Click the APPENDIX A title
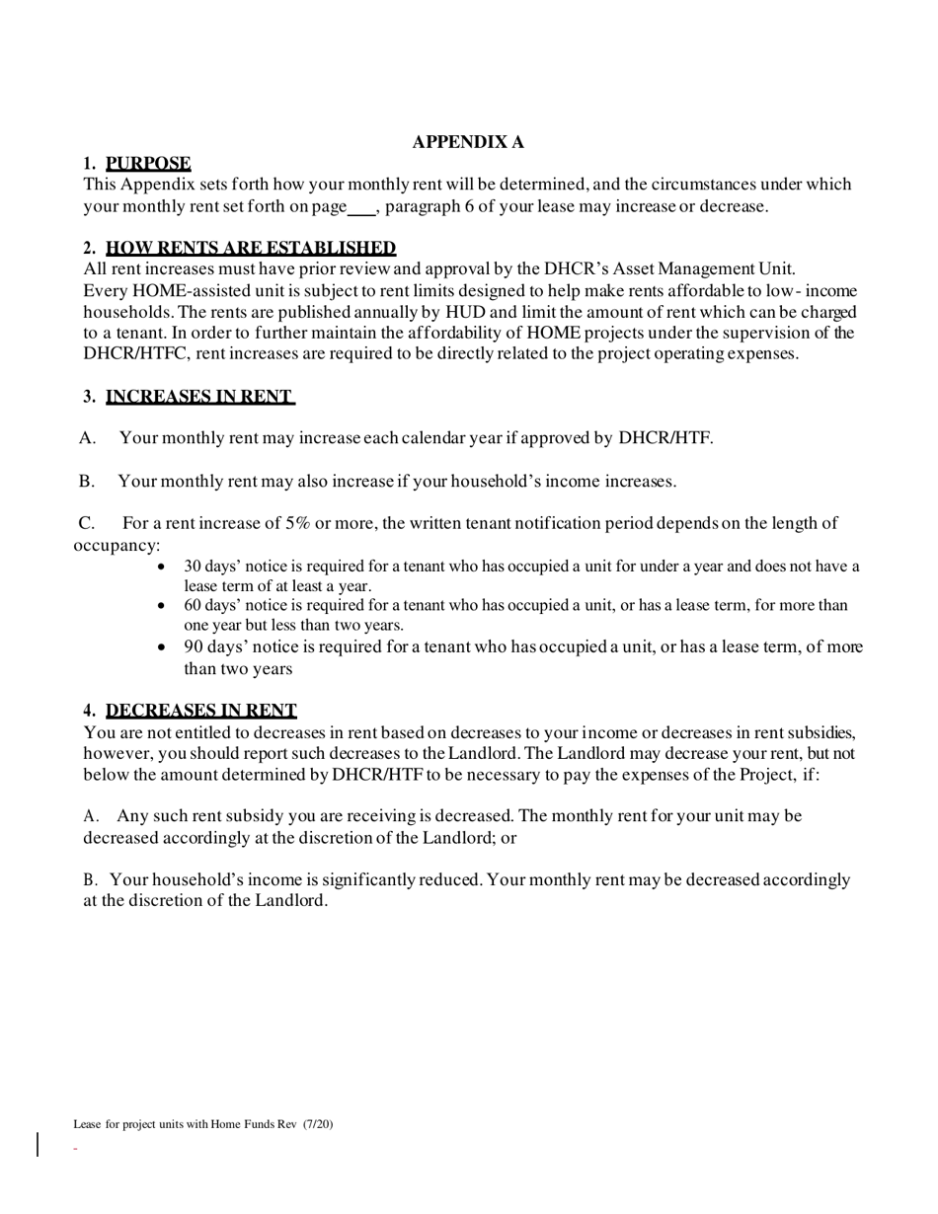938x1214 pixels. [x=468, y=142]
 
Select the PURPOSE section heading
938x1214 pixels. [x=148, y=164]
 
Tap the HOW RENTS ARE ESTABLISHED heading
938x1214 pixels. [x=251, y=249]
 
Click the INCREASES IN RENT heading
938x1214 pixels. [x=199, y=397]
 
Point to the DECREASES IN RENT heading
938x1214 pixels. [x=200, y=711]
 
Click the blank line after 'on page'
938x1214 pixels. [x=362, y=207]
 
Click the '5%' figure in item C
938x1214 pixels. [x=298, y=523]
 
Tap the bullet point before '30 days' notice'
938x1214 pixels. [x=162, y=568]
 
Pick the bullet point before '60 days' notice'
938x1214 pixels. [x=162, y=606]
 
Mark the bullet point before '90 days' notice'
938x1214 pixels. [x=162, y=648]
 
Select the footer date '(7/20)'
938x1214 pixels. [x=318, y=1123]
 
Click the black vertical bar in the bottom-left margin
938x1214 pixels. [x=39, y=1145]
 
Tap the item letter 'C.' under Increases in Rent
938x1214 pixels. [x=87, y=523]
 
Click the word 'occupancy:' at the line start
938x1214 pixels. [x=117, y=545]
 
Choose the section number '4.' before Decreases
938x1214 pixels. [x=90, y=711]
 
